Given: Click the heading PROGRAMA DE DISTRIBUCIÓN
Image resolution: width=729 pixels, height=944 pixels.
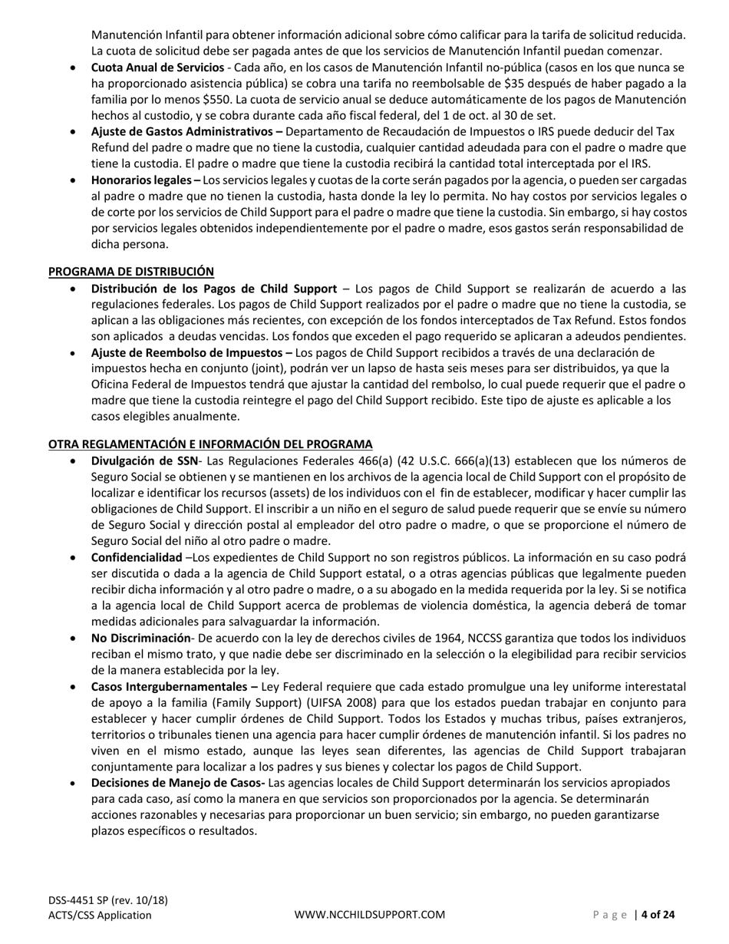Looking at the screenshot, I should (131, 271).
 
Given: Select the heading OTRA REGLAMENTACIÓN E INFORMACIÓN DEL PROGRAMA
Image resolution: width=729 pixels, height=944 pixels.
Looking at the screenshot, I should (210, 444).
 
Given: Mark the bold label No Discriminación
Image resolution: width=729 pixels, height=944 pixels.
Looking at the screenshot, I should (140, 638).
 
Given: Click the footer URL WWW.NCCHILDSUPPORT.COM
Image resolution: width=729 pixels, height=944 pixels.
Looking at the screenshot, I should (370, 914).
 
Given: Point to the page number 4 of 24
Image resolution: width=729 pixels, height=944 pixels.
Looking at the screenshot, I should (658, 914).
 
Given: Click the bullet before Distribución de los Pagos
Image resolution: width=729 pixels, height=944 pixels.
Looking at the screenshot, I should (73, 289).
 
